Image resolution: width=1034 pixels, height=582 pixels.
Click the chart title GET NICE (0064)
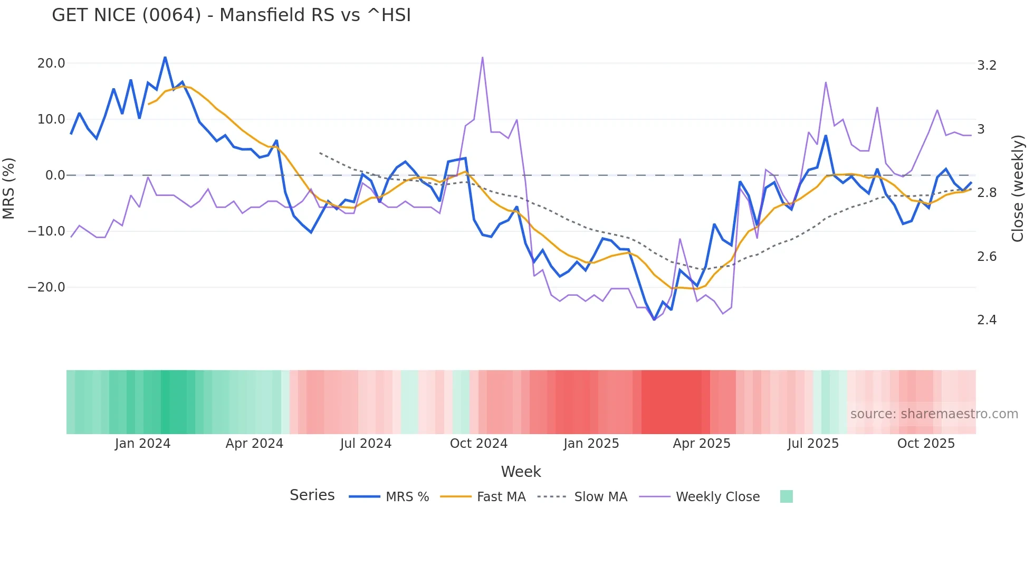(x=231, y=15)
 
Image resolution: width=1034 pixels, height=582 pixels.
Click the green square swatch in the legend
(x=786, y=496)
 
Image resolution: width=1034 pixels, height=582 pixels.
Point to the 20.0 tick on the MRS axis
(x=51, y=63)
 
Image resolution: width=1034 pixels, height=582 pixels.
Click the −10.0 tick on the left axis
(x=46, y=231)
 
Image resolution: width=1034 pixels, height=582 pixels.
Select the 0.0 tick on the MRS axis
(x=55, y=175)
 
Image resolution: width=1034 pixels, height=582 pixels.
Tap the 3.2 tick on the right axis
(x=987, y=65)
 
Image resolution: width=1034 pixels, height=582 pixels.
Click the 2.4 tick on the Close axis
(x=987, y=320)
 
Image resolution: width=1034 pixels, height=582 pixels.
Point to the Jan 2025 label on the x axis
(x=591, y=444)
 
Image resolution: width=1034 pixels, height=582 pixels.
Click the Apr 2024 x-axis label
(x=254, y=444)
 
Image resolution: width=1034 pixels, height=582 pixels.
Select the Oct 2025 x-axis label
(x=926, y=444)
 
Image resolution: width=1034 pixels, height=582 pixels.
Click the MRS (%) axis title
(x=9, y=188)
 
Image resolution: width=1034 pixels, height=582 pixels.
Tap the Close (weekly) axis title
(x=1018, y=189)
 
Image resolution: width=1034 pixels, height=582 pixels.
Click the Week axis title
(x=521, y=472)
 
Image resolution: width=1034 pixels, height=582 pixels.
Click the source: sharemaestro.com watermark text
(x=934, y=414)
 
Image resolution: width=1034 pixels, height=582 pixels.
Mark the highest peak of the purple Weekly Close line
(x=482, y=58)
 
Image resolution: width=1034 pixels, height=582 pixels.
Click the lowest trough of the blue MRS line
(x=654, y=320)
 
